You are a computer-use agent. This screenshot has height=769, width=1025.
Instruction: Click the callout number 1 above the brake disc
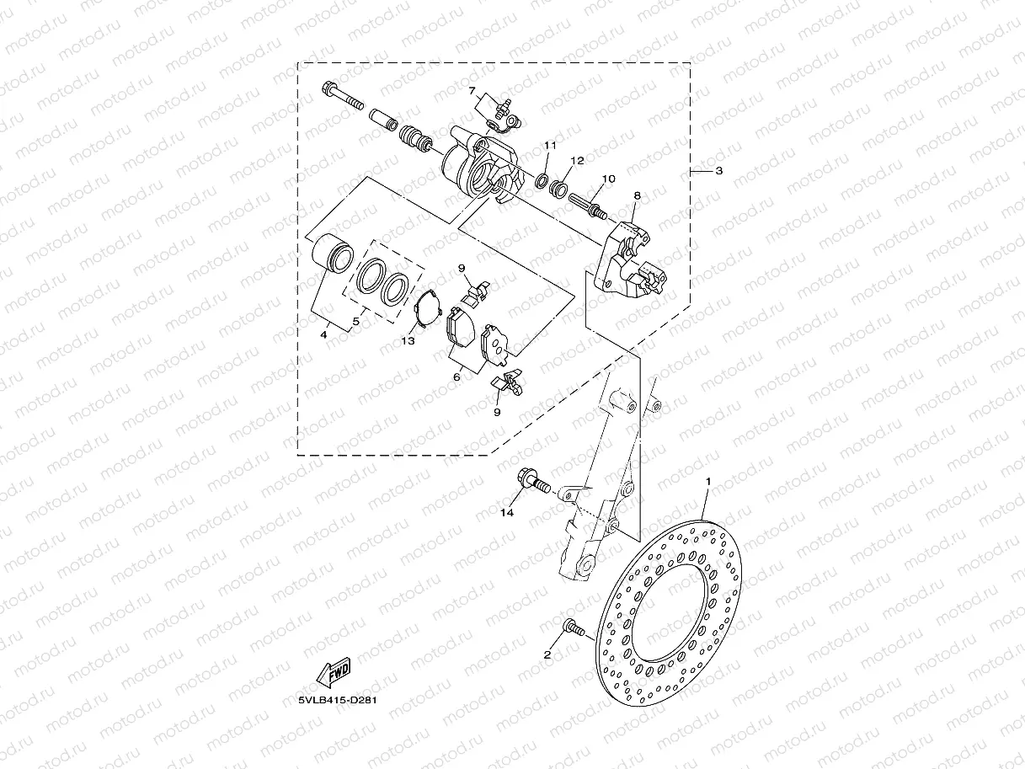708,481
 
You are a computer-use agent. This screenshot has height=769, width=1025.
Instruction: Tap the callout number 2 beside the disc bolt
547,655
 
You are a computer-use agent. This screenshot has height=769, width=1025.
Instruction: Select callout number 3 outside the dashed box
719,171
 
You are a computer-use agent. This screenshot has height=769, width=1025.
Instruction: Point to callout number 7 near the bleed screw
472,91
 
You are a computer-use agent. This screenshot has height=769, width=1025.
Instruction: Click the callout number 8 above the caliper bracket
637,195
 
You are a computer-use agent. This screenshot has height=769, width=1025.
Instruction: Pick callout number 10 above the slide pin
608,179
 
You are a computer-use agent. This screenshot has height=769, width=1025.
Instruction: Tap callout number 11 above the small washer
551,146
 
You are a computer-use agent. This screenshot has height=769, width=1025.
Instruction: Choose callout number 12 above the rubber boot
578,161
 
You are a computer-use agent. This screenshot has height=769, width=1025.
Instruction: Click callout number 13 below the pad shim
408,341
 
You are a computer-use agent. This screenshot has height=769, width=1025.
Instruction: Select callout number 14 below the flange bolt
507,513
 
